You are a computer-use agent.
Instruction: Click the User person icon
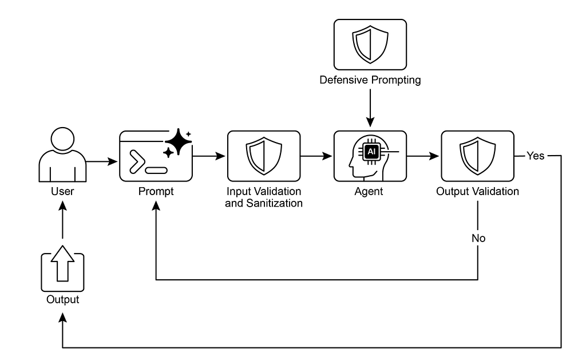pos(62,155)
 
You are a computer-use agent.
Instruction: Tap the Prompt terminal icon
pos(156,156)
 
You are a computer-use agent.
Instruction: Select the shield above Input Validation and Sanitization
pos(264,156)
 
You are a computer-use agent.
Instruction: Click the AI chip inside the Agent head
pos(371,152)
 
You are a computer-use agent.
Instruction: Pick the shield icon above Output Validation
pos(478,156)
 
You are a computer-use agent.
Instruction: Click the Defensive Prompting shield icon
pos(370,45)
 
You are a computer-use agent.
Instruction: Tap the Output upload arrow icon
pos(63,268)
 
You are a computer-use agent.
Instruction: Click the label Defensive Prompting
pos(370,80)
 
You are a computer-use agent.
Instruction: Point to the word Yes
pos(536,156)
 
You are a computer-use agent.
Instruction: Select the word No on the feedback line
pos(478,238)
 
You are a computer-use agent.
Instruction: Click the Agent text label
pos(369,191)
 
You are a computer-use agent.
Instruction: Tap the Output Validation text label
pos(478,191)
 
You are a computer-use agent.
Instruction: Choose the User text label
pos(62,191)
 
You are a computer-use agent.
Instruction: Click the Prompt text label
pos(156,191)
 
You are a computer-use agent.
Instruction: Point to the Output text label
pos(63,299)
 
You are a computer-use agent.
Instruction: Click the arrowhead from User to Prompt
pos(113,161)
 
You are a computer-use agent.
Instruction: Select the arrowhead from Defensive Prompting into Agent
pos(370,122)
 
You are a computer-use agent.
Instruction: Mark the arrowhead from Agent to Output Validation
pos(434,156)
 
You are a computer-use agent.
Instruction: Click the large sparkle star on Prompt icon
pos(179,142)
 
